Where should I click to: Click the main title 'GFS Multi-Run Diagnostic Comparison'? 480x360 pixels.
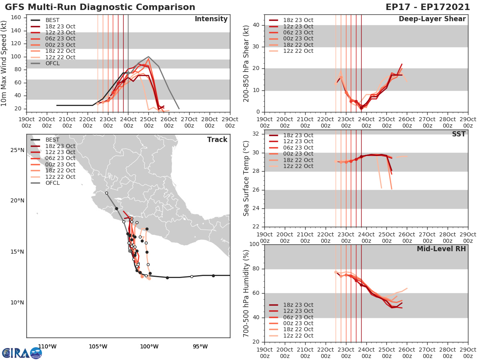coord(100,7)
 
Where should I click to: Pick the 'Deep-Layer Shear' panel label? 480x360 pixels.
coord(432,19)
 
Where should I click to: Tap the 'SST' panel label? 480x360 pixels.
coord(459,134)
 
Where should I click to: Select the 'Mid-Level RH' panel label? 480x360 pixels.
coord(441,249)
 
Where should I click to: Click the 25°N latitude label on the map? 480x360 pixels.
coord(17,150)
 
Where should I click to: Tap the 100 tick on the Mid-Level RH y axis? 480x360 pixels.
coord(254,244)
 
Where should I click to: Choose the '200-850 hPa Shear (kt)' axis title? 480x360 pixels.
coord(247,63)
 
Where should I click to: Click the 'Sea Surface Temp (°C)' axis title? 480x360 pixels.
coord(247,178)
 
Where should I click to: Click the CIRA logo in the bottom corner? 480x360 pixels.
coord(22,353)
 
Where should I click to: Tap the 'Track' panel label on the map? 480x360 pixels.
coord(217,140)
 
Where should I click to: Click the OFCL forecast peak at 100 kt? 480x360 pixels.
coord(148,57)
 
